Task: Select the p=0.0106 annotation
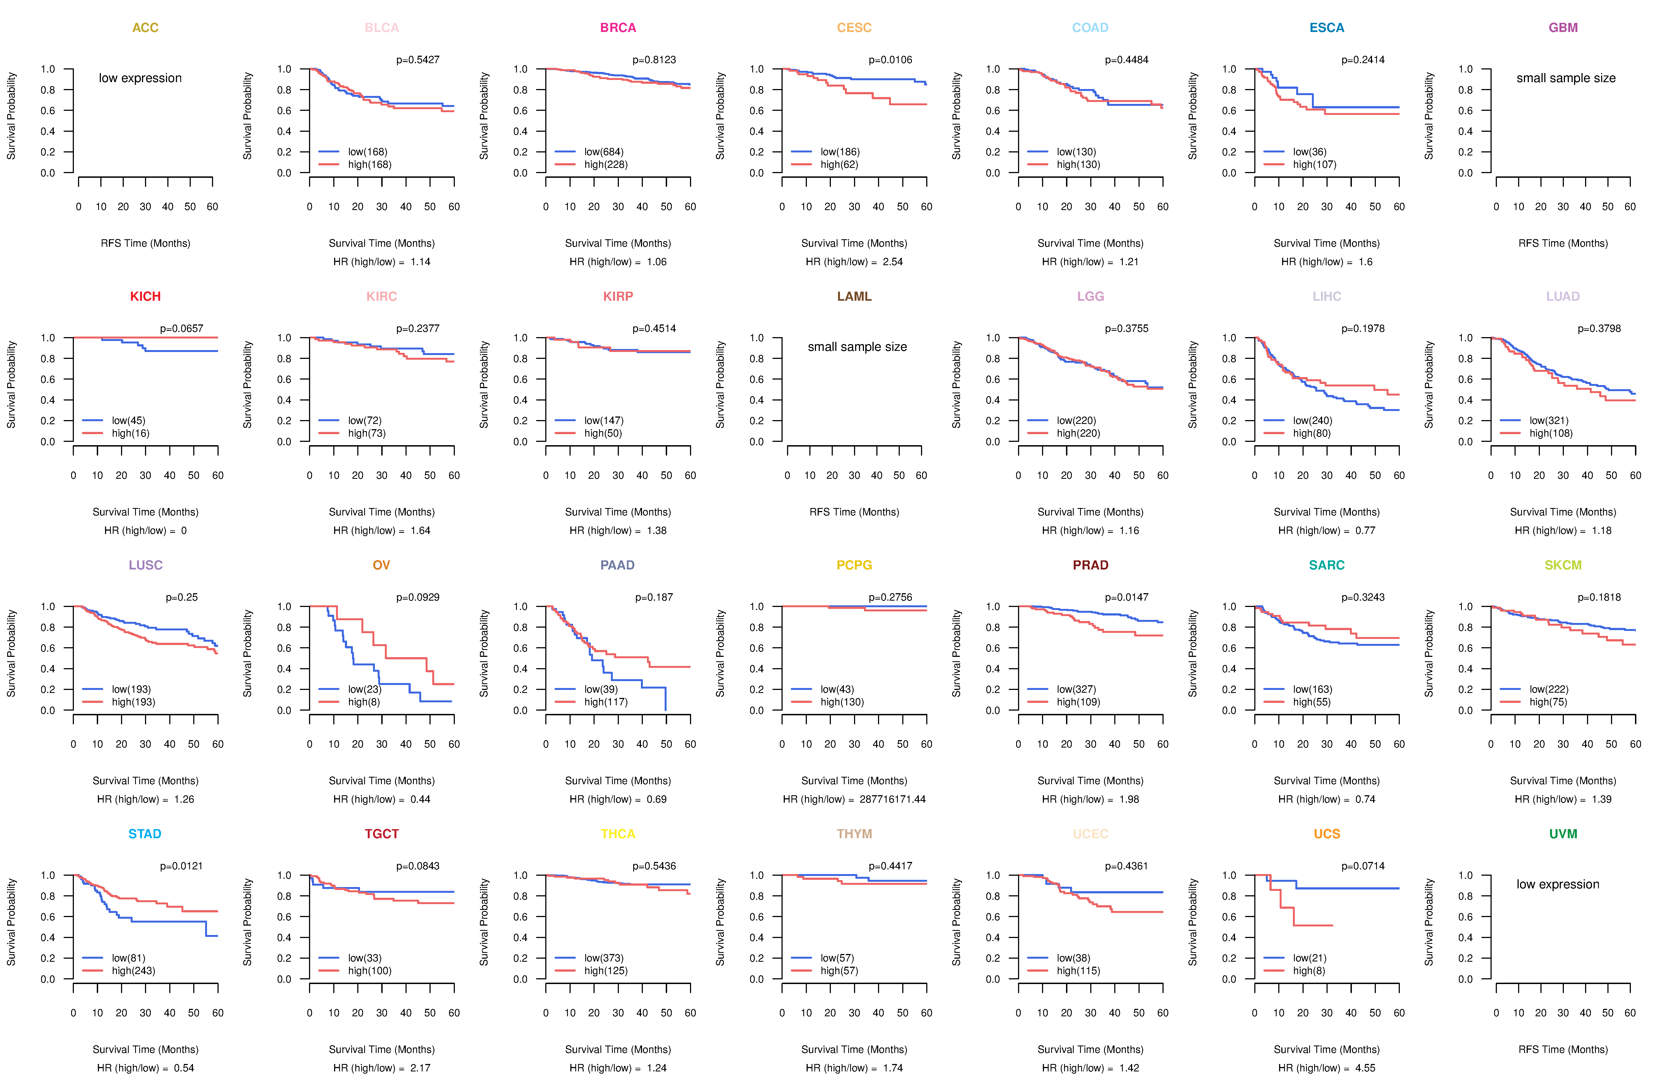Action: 890,60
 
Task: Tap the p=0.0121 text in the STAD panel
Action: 181,866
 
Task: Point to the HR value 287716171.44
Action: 892,799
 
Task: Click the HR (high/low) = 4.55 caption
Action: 1327,1068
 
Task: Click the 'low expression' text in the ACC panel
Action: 140,78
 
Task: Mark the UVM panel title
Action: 1563,834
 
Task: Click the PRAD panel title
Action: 1090,565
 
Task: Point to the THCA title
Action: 618,834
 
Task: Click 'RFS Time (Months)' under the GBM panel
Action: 1563,243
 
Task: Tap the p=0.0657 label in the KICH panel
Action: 181,329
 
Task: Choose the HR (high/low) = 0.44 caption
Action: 382,799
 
